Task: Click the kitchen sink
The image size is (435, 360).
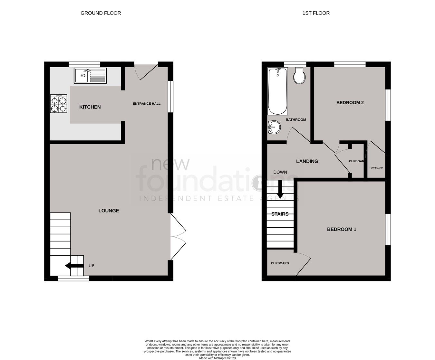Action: [90, 76]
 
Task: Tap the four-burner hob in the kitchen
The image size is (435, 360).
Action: [58, 104]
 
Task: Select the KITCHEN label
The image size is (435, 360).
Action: [90, 107]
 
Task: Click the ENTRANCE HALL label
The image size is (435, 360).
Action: [147, 104]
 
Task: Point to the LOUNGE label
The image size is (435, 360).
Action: [109, 211]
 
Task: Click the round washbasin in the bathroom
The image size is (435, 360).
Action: [274, 127]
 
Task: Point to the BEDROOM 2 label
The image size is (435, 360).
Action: [350, 103]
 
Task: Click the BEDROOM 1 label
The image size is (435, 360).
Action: [342, 229]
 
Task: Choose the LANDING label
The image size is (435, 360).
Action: [307, 161]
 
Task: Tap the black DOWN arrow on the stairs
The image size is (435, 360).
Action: [280, 190]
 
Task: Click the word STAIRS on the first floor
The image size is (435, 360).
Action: [280, 214]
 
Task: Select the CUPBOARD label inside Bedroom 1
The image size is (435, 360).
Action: [280, 263]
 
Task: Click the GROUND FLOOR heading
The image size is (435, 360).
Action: [101, 13]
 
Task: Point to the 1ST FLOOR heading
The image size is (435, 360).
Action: [316, 13]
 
